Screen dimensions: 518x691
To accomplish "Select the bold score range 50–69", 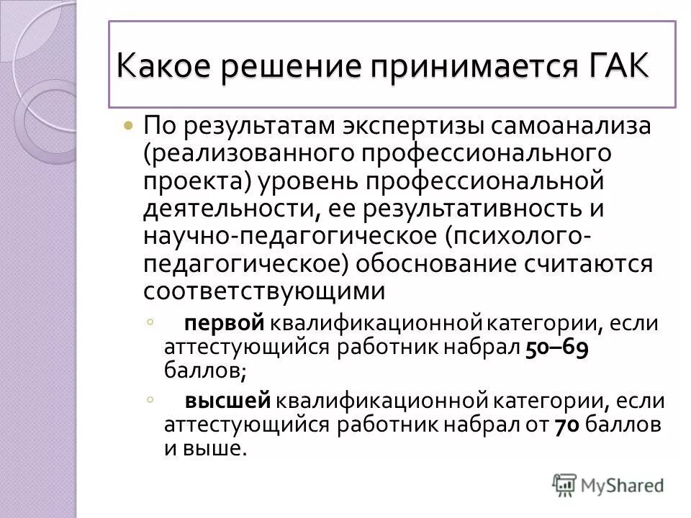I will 558,346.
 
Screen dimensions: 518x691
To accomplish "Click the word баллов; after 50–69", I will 205,370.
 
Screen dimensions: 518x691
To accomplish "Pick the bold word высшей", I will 227,401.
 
